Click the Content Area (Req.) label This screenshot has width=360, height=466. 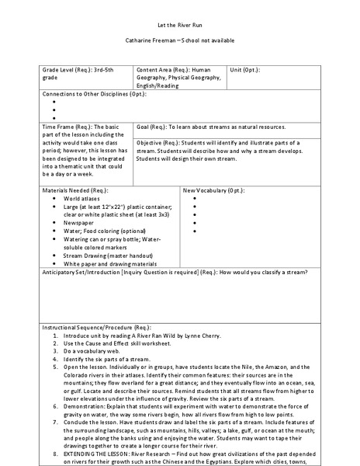click(x=162, y=69)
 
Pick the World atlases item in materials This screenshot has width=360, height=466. click(x=83, y=198)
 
